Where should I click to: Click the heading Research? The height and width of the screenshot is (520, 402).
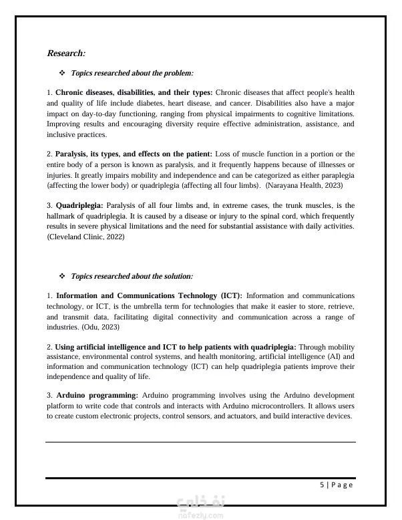tap(66, 53)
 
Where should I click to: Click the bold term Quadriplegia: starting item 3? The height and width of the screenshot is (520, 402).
tap(79, 205)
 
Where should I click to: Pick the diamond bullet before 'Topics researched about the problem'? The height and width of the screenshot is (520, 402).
tap(62, 72)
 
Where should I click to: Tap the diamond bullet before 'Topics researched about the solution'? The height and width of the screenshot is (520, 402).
tap(62, 275)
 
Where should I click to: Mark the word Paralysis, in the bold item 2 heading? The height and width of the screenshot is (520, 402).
tap(73, 154)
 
